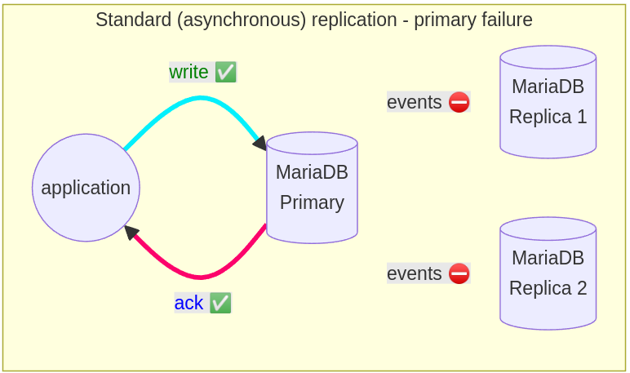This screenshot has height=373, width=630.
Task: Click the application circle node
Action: [86, 188]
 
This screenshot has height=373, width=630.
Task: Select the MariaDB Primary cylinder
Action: [313, 188]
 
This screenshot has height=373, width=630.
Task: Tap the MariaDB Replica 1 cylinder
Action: [548, 102]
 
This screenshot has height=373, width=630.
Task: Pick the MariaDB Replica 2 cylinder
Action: [548, 273]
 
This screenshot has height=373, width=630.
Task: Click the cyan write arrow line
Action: [200, 98]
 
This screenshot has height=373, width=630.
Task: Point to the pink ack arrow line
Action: [200, 277]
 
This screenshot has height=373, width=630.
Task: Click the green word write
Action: [189, 73]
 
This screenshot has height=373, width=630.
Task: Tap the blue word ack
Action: [189, 303]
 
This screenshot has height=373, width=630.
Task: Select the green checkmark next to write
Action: [225, 73]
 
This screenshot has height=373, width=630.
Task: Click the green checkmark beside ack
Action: [220, 303]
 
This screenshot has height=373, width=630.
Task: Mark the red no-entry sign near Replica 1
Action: [459, 102]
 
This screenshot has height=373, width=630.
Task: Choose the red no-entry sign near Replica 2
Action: [459, 273]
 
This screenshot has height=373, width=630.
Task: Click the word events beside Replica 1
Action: [415, 102]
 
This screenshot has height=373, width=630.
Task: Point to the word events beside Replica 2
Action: [415, 273]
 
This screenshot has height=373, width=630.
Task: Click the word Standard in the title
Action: [134, 20]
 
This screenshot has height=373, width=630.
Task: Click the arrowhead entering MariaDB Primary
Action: [260, 143]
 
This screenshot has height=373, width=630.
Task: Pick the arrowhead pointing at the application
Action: [131, 233]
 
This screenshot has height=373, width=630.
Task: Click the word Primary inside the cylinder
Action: [313, 202]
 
